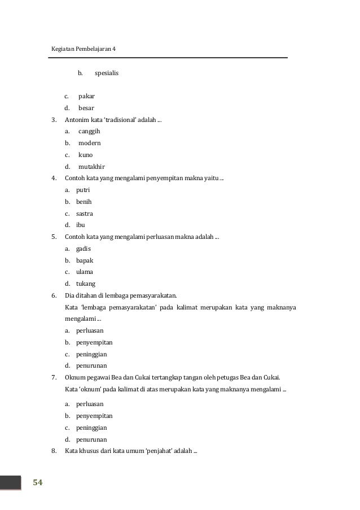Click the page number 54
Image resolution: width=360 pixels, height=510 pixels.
coord(38,482)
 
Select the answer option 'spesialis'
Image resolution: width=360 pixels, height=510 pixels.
coord(107,73)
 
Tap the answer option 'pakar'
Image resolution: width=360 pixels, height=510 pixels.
coord(86,96)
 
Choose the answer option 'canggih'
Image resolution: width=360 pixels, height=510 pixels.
coord(89,131)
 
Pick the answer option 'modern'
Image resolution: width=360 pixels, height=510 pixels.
coord(89,143)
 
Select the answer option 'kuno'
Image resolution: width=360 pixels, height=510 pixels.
coord(86,155)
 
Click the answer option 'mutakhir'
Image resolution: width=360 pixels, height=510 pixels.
coord(91,167)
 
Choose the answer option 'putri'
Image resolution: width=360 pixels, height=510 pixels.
coord(83,190)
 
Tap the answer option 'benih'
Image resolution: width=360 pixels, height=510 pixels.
coord(84,202)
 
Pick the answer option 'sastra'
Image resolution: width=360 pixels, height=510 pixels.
coord(85,213)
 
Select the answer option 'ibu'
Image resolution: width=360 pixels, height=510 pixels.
coord(81,225)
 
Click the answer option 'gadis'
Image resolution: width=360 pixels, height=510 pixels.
coord(84,249)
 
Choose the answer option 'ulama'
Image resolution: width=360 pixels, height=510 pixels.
coord(85,272)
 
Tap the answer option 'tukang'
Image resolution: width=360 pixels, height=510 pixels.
coord(86,284)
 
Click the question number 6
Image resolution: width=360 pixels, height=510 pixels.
coord(54,295)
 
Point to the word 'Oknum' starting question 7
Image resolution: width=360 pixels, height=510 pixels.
coord(75,377)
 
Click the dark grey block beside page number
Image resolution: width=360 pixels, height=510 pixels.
coord(11,482)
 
